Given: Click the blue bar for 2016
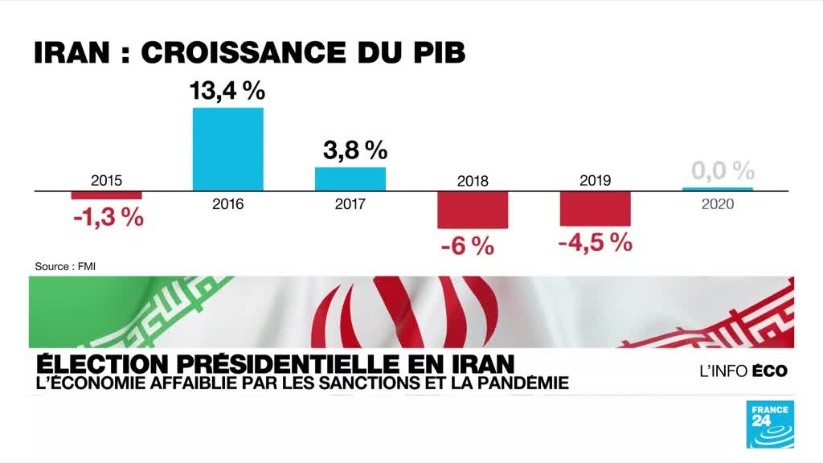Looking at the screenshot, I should pyautogui.click(x=227, y=149).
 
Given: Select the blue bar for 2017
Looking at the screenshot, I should pyautogui.click(x=350, y=178).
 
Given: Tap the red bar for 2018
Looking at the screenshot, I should pyautogui.click(x=473, y=209).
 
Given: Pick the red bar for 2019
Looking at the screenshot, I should pyautogui.click(x=595, y=208).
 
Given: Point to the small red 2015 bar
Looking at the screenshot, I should pyautogui.click(x=106, y=195).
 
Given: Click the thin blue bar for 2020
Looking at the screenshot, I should pyautogui.click(x=718, y=190).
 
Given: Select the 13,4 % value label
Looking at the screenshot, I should pyautogui.click(x=227, y=91).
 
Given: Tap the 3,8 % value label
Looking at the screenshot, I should pyautogui.click(x=354, y=150).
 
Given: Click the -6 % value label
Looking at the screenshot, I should pyautogui.click(x=467, y=246).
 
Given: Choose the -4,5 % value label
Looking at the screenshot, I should pyautogui.click(x=595, y=242).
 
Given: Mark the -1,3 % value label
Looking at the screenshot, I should pyautogui.click(x=109, y=216).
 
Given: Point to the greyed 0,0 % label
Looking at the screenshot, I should pyautogui.click(x=723, y=170).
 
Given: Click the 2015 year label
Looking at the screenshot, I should pyautogui.click(x=106, y=180).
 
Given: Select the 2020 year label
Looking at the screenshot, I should pyautogui.click(x=718, y=204).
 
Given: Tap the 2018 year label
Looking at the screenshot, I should pyautogui.click(x=473, y=181).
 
